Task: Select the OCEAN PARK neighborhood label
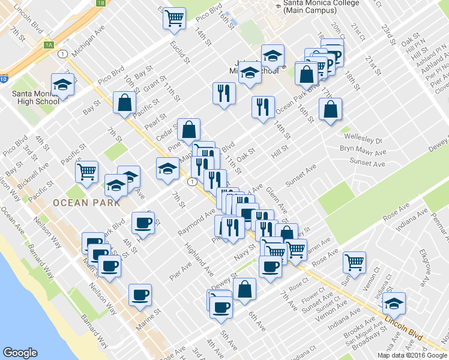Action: [82, 202]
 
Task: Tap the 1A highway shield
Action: [49, 44]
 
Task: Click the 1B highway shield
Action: [100, 3]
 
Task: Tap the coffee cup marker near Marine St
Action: [140, 295]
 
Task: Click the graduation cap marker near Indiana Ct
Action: [394, 304]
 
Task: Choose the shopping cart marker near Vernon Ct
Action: [354, 262]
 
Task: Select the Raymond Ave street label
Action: [196, 223]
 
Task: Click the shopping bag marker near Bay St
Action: [125, 102]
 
